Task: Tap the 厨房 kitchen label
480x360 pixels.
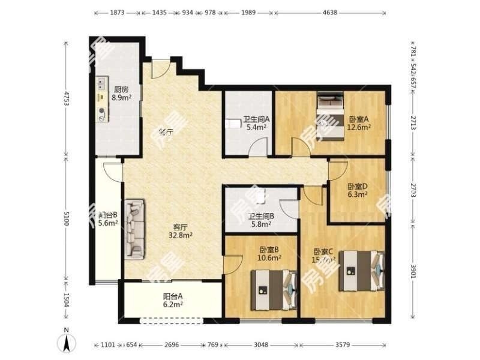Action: click(x=122, y=94)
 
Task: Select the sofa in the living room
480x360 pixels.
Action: click(x=134, y=229)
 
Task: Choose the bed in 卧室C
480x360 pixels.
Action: click(x=360, y=271)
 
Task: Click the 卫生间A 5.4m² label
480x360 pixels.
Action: click(x=257, y=123)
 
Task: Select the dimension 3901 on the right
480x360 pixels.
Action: click(x=413, y=269)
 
